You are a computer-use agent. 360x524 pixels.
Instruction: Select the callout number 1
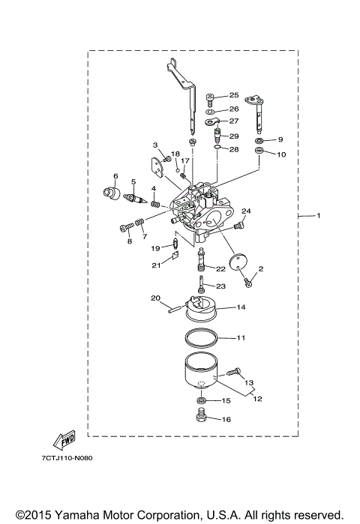pos(318,217)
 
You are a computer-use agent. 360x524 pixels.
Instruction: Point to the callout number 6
pos(116,176)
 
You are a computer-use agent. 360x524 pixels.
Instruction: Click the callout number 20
pos(156,298)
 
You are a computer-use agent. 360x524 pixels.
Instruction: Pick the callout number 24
pos(245,211)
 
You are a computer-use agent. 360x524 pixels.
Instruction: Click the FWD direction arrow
pos(63,442)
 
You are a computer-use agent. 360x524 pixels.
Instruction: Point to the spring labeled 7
pos(138,224)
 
